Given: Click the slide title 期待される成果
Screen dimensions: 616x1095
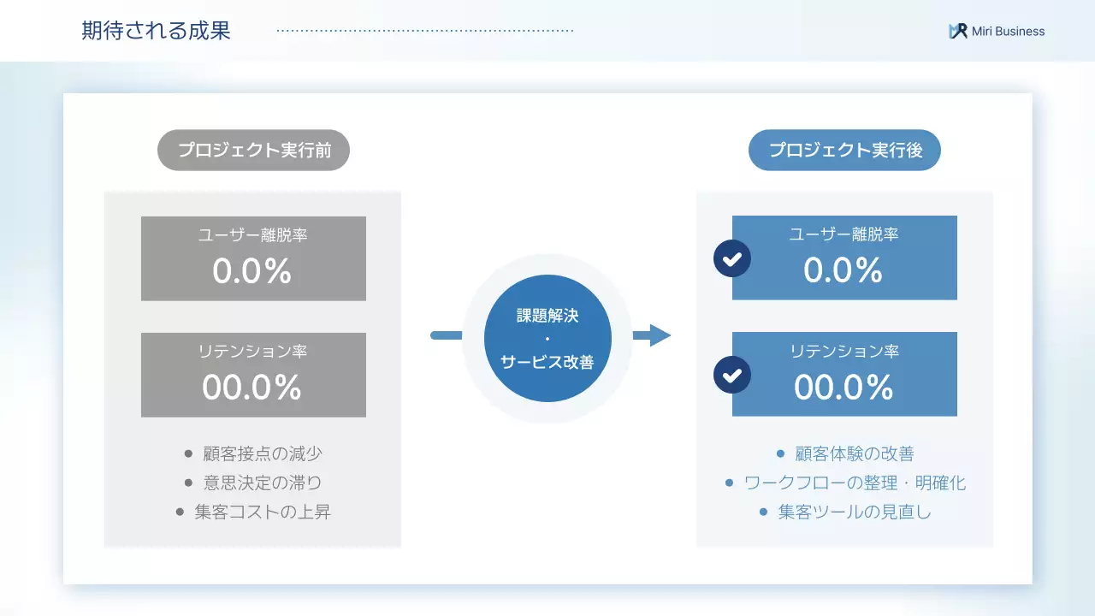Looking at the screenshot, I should point(156,32).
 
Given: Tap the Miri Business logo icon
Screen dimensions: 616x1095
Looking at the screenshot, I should point(957,32).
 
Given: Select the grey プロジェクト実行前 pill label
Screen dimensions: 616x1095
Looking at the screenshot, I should point(253,151).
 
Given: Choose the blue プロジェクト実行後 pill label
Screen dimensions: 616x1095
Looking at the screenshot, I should point(844,151).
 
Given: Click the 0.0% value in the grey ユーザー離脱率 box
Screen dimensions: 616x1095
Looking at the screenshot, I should point(252,271).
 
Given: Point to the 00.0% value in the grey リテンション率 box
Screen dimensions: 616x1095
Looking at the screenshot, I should point(252,388).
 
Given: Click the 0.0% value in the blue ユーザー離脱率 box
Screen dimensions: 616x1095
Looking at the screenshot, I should point(843,270).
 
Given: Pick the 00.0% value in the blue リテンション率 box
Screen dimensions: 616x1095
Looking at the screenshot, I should point(843,388).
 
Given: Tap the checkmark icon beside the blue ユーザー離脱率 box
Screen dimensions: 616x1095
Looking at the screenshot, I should point(732,258).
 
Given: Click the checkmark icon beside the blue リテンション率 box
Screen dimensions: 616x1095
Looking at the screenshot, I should point(732,375).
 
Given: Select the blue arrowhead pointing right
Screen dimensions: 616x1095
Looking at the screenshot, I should point(659,335).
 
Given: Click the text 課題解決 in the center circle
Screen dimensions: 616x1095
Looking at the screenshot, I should point(547,316).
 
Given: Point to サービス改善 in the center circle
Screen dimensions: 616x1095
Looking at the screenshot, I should point(547,362).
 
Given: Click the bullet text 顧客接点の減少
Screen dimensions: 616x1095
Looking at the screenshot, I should point(263,454).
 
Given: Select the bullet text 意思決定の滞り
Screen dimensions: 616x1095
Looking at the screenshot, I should point(263,483).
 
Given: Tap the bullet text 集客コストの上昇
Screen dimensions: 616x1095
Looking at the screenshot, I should point(263,512).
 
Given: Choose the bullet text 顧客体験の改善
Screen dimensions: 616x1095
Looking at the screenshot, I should point(855,454).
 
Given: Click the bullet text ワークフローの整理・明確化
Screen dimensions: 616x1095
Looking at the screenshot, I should point(855,483).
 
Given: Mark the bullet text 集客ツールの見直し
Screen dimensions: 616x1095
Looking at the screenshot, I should point(855,512).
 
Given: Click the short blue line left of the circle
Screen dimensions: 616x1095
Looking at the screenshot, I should point(446,335).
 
